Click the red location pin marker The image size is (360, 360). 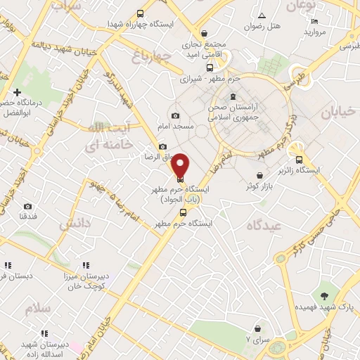(181, 165)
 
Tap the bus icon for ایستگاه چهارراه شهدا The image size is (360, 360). (141, 13)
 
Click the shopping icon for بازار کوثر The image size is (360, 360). (259, 175)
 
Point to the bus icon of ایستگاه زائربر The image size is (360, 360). (300, 159)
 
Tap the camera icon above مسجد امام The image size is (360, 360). (175, 115)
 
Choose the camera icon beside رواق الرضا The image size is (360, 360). (163, 147)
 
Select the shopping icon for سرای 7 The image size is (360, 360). (257, 328)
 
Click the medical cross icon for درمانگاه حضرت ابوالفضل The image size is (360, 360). (17, 93)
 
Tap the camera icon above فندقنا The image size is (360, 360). (27, 206)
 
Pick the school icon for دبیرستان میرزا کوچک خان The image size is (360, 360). (85, 265)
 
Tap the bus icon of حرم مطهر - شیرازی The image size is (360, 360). (189, 70)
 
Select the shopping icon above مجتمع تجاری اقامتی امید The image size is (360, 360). (204, 32)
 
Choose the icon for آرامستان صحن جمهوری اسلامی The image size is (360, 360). (233, 97)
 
